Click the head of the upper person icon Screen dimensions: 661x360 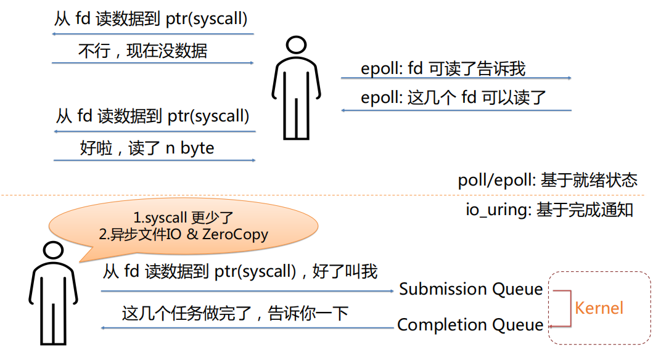pyautogui.click(x=296, y=44)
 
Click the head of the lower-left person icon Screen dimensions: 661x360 pyautogui.click(x=53, y=250)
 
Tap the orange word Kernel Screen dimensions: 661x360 pyautogui.click(x=599, y=308)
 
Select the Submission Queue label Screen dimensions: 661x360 pyautogui.click(x=471, y=289)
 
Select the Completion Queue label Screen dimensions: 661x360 pyautogui.click(x=470, y=325)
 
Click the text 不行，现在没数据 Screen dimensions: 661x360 pyautogui.click(x=142, y=51)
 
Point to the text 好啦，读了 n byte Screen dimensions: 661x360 pyautogui.click(x=147, y=149)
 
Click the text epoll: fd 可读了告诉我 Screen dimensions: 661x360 pyautogui.click(x=443, y=68)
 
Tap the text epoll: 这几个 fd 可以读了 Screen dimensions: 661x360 pyautogui.click(x=453, y=98)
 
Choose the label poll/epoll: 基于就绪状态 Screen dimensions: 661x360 pyautogui.click(x=548, y=181)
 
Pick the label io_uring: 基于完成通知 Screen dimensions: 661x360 pyautogui.click(x=549, y=210)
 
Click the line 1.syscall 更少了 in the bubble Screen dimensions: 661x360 pyautogui.click(x=183, y=218)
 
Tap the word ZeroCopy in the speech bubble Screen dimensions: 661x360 pyautogui.click(x=235, y=234)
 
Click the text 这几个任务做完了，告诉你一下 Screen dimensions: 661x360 pyautogui.click(x=235, y=314)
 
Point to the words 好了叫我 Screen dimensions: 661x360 pyautogui.click(x=345, y=272)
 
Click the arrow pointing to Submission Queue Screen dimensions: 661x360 pyautogui.click(x=247, y=291)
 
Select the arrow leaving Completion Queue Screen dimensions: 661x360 pyautogui.click(x=247, y=327)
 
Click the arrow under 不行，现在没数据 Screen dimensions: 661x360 pyautogui.click(x=152, y=63)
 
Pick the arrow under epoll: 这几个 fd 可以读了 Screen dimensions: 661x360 pyautogui.click(x=456, y=110)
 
